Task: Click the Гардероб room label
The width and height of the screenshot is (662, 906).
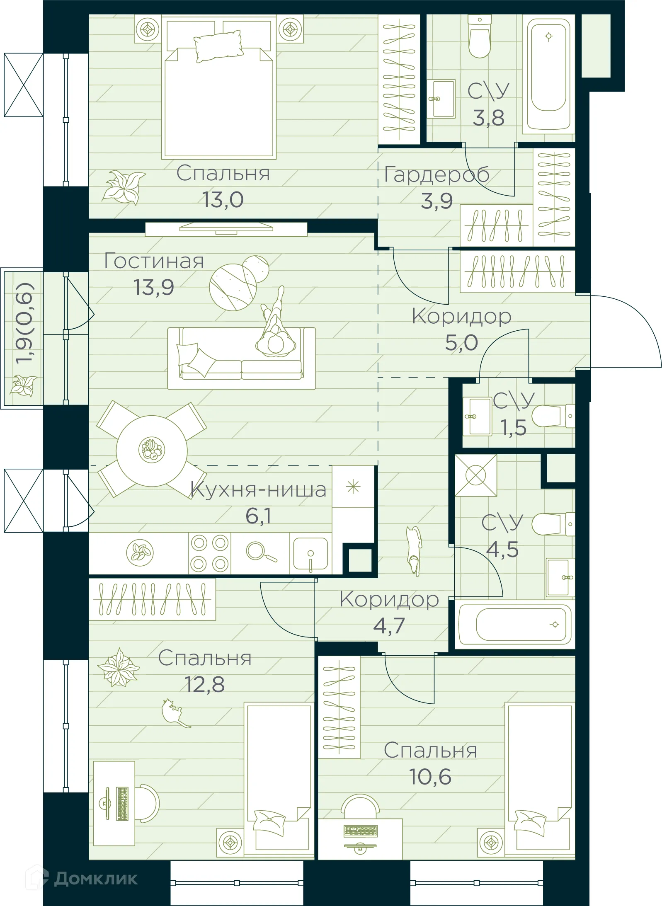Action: click(436, 174)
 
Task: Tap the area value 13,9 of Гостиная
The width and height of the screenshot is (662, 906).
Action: click(153, 287)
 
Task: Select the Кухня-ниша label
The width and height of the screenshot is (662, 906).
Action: click(258, 490)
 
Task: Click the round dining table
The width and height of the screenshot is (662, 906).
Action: click(152, 451)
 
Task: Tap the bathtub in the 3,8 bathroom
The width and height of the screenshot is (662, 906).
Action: click(548, 74)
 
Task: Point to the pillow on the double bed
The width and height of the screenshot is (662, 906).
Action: click(218, 46)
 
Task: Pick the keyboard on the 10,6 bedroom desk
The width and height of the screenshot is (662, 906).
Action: click(360, 831)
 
